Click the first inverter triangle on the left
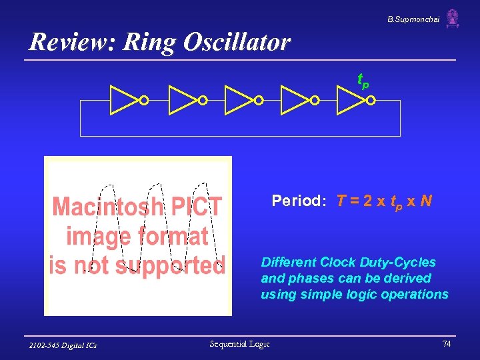(x=123, y=100)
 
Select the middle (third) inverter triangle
(x=238, y=100)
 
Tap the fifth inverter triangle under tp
(x=351, y=100)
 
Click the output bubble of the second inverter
(x=202, y=101)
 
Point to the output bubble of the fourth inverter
(x=315, y=101)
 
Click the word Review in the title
(x=64, y=43)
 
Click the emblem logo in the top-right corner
(x=453, y=19)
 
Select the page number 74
(x=446, y=344)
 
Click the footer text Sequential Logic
(x=239, y=344)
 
